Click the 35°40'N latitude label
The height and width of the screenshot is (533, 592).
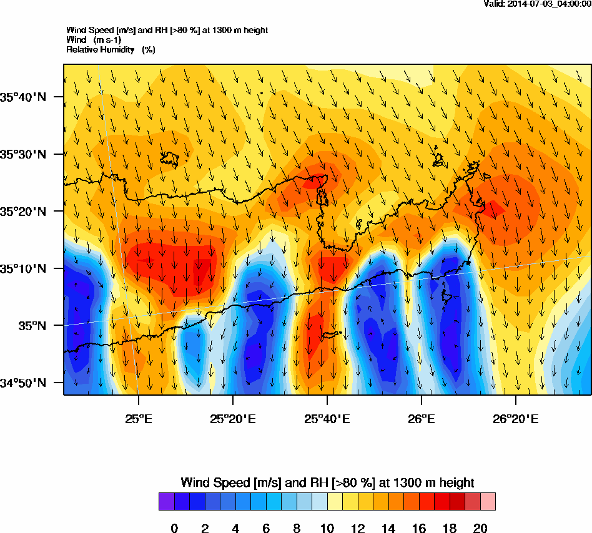point(24,97)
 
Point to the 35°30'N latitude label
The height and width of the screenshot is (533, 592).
point(24,154)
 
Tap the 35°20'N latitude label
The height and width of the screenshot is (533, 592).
point(24,212)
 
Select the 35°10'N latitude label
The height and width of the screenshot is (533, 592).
point(24,269)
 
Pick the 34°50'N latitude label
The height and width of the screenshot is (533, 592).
point(24,383)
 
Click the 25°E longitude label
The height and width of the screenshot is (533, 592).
point(138,419)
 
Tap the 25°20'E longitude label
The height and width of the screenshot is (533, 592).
point(232,419)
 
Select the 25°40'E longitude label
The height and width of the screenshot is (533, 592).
point(327,419)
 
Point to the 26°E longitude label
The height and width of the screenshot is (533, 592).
point(422,419)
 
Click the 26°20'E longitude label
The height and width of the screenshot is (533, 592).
point(516,419)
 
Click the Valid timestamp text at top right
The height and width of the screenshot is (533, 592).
point(538,4)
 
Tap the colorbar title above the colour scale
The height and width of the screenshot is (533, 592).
point(327,482)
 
